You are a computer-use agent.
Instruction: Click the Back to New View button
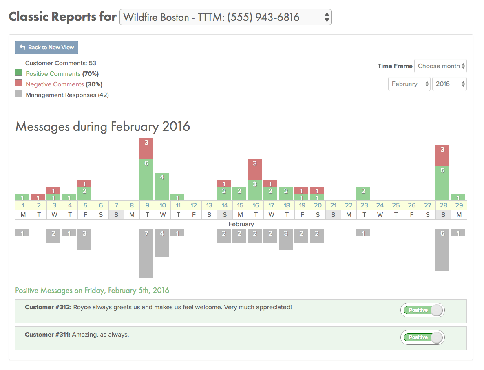(46, 47)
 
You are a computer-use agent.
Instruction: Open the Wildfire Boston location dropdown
(225, 17)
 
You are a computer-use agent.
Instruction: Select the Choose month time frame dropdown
(440, 66)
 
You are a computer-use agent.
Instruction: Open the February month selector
(409, 84)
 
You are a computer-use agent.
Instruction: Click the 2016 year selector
(449, 84)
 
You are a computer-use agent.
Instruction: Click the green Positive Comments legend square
(18, 73)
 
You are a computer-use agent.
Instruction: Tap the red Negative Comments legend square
(18, 84)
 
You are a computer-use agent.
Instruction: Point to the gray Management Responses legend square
(18, 94)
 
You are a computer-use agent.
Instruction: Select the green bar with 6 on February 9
(146, 179)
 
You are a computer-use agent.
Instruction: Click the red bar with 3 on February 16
(255, 169)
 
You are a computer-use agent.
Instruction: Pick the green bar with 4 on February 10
(162, 186)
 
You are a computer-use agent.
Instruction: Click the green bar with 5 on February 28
(442, 183)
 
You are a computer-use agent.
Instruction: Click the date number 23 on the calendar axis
(364, 205)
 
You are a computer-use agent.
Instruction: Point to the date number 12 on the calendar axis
(194, 205)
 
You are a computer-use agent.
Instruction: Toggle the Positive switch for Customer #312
(422, 310)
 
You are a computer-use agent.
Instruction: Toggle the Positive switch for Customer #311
(422, 337)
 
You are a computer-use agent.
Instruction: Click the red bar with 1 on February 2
(38, 197)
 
